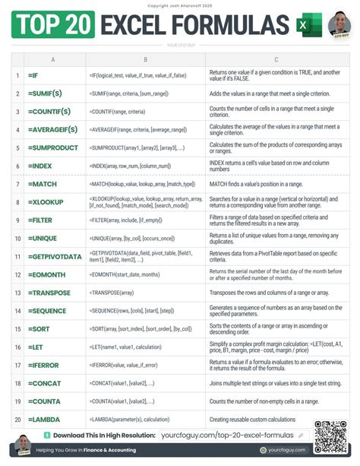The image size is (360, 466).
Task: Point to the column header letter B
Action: click(145, 59)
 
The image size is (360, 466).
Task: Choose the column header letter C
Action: click(276, 59)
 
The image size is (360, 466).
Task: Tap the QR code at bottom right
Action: click(330, 436)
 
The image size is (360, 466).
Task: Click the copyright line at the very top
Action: click(180, 5)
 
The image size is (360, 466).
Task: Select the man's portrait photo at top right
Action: click(339, 27)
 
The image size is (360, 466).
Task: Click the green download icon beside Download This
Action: click(48, 436)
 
